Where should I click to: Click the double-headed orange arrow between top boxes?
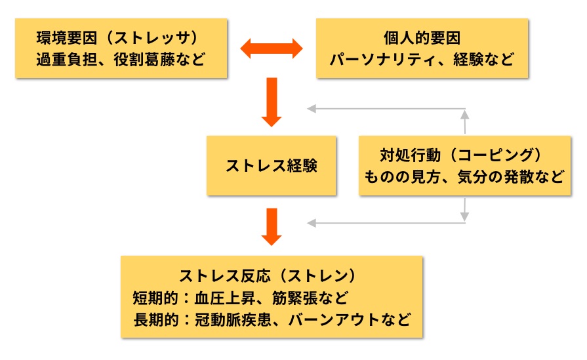tap(272, 48)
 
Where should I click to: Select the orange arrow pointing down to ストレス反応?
tap(272, 226)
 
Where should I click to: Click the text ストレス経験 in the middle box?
tap(272, 166)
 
